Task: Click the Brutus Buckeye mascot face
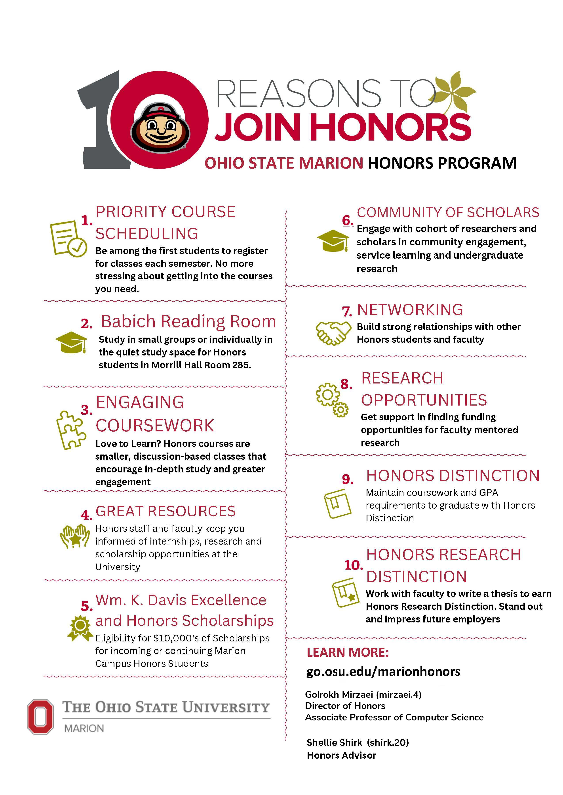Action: coord(160,127)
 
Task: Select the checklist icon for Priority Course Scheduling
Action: coord(68,239)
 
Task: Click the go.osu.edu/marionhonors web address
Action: coord(383,672)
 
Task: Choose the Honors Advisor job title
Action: coord(341,756)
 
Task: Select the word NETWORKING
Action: coord(410,310)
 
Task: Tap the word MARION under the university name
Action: coord(84,729)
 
